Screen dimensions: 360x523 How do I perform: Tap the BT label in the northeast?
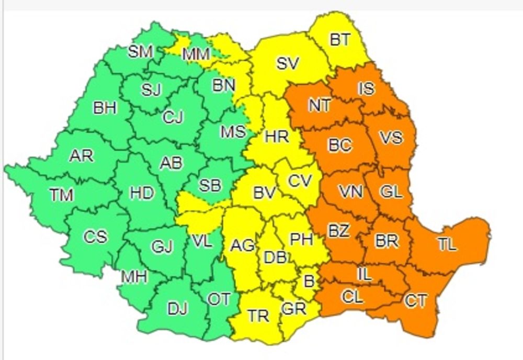(x=340, y=40)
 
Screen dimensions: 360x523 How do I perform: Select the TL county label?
(x=447, y=244)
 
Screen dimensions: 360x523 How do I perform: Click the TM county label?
(x=62, y=195)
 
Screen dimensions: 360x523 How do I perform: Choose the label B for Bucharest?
(x=309, y=282)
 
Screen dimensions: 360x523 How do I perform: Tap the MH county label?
(x=134, y=276)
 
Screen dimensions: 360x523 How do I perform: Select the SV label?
(x=288, y=64)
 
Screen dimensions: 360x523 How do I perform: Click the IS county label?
(x=366, y=88)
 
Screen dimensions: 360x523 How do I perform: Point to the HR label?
(x=277, y=137)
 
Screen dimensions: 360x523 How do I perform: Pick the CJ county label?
(x=173, y=117)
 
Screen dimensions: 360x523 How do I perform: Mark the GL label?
(x=391, y=192)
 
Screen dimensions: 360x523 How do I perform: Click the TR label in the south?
(x=258, y=316)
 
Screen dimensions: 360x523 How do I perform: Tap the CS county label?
(x=95, y=237)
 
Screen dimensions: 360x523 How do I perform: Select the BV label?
(x=264, y=193)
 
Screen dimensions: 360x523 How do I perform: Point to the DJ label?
(x=177, y=309)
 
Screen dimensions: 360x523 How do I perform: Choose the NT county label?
(x=319, y=105)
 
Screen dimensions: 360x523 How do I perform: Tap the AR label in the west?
(x=82, y=155)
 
